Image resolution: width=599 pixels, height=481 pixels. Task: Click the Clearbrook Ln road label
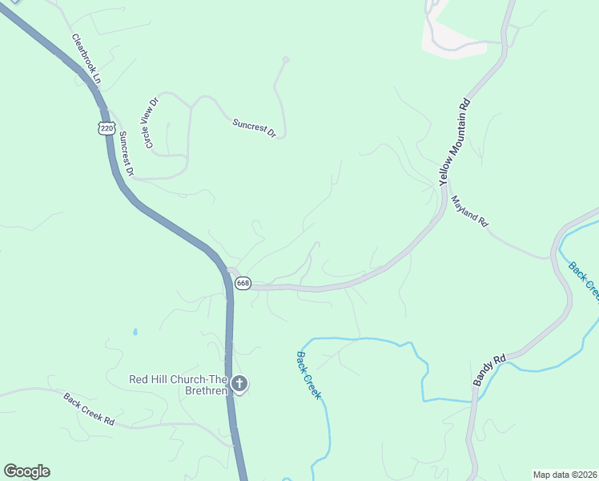[x=86, y=59]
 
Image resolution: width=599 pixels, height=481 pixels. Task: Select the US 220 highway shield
[x=107, y=128]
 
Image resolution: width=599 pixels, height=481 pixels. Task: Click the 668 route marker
[x=243, y=283]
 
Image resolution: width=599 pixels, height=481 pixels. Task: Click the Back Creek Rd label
[x=89, y=410]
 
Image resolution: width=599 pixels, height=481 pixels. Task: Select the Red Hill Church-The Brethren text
[x=179, y=385]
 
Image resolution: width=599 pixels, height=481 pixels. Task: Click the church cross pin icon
[x=239, y=384]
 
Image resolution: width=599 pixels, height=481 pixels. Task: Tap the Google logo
[x=26, y=471]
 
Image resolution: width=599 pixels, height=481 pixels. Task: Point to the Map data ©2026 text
[x=565, y=475]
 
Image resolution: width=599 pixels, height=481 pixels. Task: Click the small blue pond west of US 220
[x=135, y=331]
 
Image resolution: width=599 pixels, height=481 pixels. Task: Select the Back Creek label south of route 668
[x=309, y=375]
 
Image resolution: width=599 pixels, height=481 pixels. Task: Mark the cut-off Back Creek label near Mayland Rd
[x=583, y=281]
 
